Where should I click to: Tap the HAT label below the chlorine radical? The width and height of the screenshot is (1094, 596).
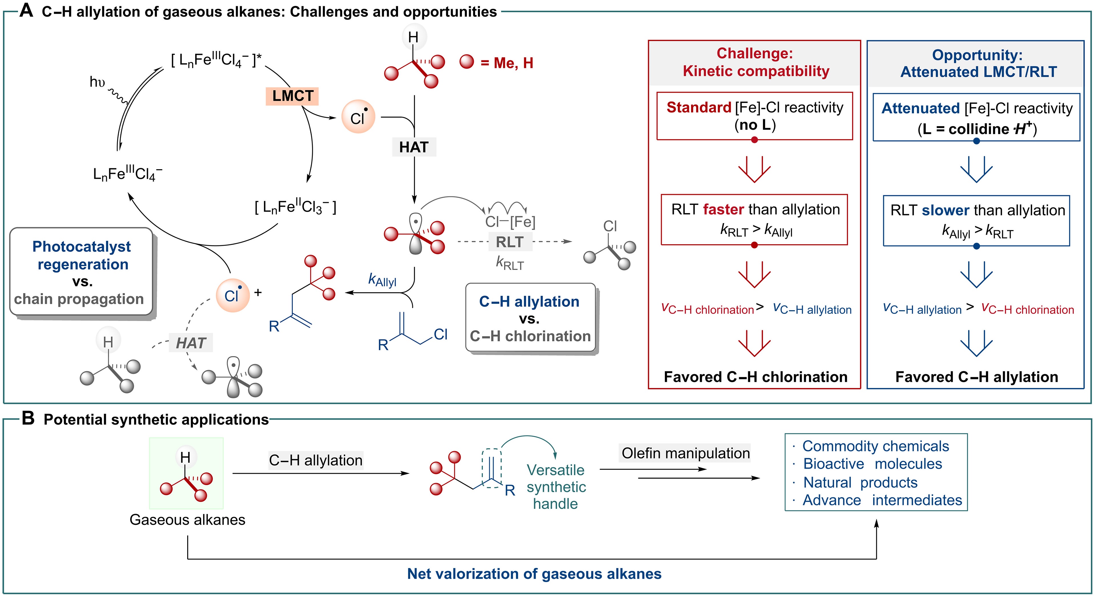pos(414,147)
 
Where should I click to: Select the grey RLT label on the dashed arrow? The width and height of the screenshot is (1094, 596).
pos(510,242)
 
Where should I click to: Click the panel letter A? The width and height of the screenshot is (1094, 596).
pos(26,11)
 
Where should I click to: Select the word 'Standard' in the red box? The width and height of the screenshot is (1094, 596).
pos(699,107)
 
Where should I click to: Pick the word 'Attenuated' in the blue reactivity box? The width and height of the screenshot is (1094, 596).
pos(920,108)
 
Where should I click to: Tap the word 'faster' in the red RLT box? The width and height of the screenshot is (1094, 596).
pos(723,209)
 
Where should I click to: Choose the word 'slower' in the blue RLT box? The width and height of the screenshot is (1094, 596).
pos(945,210)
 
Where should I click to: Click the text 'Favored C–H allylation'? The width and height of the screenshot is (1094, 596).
pos(976,377)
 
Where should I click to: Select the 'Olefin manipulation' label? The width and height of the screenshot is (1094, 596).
pos(685,453)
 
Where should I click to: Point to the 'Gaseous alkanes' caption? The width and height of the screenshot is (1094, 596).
pos(187,520)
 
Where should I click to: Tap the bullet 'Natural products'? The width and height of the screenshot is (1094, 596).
pos(860,482)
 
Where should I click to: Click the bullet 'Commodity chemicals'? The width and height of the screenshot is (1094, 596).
pos(875,446)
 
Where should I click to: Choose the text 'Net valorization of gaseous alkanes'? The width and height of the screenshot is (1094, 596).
pos(534,573)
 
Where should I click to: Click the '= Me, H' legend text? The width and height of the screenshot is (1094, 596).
pos(507,63)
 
